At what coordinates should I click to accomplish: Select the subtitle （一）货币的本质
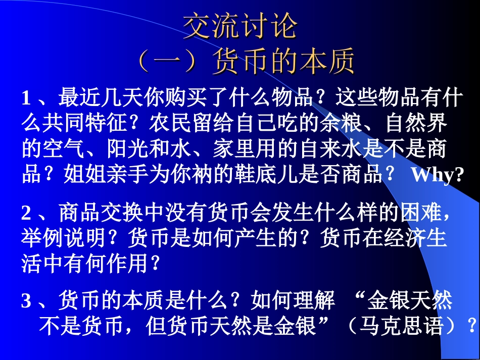pyautogui.click(x=246, y=62)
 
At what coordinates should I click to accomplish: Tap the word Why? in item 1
pyautogui.click(x=438, y=175)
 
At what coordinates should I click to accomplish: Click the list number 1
pyautogui.click(x=27, y=98)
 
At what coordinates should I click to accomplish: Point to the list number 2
pyautogui.click(x=26, y=213)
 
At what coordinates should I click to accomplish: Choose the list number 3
pyautogui.click(x=26, y=301)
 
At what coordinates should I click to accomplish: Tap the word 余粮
pyautogui.click(x=348, y=123)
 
